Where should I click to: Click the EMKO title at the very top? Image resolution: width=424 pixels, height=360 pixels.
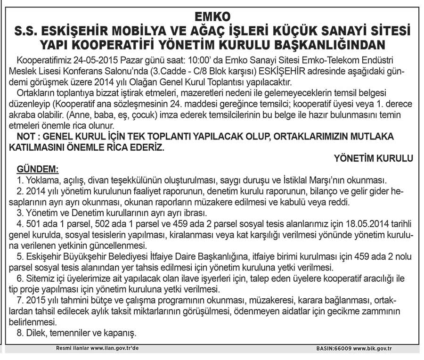point(212,16)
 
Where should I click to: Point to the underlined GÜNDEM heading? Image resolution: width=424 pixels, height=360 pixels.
point(38,169)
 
